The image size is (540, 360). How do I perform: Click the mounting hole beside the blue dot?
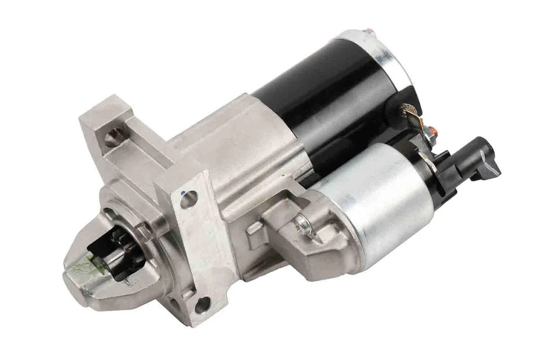[189, 199]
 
